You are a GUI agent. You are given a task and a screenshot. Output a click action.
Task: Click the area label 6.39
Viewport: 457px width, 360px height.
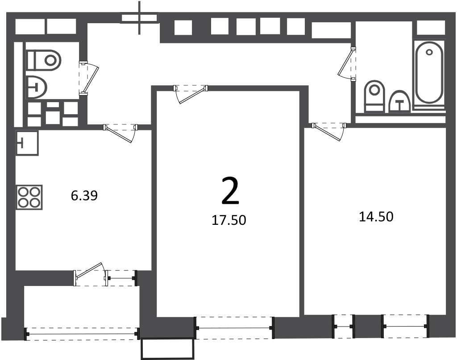[x=84, y=195]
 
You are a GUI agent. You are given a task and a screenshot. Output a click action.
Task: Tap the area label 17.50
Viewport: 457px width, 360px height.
[x=229, y=220]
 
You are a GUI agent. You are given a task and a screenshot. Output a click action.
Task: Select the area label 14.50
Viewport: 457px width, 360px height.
[x=376, y=217]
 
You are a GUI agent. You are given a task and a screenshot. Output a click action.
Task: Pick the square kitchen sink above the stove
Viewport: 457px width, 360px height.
[x=27, y=143]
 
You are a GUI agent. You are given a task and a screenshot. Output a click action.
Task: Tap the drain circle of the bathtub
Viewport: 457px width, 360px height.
[x=429, y=53]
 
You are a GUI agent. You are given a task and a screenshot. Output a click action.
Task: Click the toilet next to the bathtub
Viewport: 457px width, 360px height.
[x=374, y=96]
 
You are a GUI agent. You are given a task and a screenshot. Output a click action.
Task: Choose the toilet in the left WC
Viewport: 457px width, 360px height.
[x=44, y=60]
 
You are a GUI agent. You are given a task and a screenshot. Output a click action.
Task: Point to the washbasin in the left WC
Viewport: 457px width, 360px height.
[x=37, y=87]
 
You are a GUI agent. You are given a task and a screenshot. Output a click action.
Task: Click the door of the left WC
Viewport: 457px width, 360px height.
[x=89, y=79]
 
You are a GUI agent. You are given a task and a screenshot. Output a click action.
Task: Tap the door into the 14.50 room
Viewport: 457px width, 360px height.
[x=328, y=132]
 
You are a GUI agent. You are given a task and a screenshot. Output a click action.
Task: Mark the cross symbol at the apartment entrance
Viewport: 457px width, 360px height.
[x=140, y=17]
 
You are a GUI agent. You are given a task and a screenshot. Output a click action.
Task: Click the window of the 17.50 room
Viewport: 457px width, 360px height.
[x=235, y=328]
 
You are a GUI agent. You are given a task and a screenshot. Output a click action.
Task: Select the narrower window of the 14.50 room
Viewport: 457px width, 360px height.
[x=344, y=326]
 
